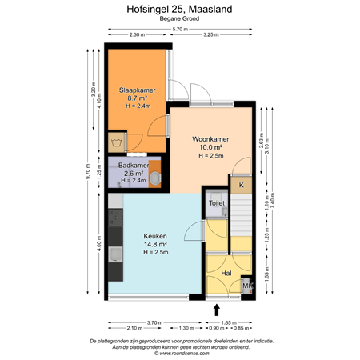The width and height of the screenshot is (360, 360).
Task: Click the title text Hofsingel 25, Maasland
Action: click(x=179, y=10)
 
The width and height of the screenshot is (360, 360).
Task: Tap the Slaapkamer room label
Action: click(x=137, y=90)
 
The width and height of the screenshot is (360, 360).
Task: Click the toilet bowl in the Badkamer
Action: click(x=157, y=178)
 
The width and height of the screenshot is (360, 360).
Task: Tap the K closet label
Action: click(x=241, y=185)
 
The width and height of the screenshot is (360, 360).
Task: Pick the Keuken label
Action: click(x=154, y=236)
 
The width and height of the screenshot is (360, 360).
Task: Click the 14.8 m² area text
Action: click(x=154, y=244)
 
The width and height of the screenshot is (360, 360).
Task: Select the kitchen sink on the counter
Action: click(x=116, y=255)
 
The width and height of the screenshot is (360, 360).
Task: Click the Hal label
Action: click(x=226, y=272)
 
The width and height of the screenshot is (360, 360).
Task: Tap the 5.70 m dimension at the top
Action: click(x=181, y=29)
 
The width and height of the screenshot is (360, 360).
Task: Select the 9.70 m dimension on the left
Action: click(x=89, y=171)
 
